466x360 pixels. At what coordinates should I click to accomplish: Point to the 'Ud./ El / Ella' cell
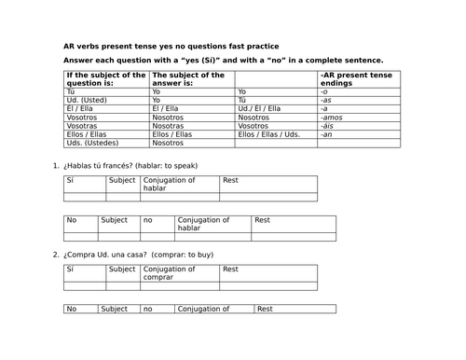click(x=260, y=109)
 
